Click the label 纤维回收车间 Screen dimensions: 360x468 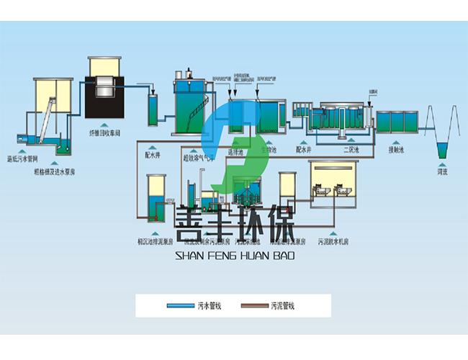(109, 132)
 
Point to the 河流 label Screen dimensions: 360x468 (443, 172)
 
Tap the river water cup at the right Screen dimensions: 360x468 (443, 152)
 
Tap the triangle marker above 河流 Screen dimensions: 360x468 (443, 163)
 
